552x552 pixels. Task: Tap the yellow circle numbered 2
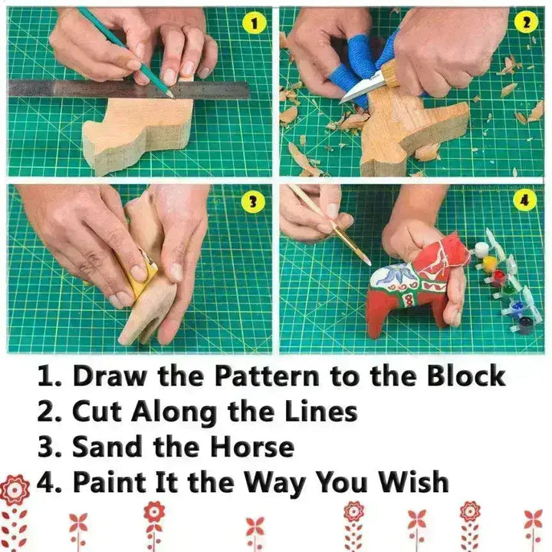[x=526, y=24]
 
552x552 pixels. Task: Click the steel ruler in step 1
[x=129, y=89]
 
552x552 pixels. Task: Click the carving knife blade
[x=360, y=90]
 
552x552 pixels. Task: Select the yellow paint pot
[x=488, y=263]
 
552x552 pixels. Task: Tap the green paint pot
[x=507, y=291]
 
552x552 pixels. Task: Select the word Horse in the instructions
[x=253, y=446]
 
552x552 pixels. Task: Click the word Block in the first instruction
[x=466, y=376]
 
